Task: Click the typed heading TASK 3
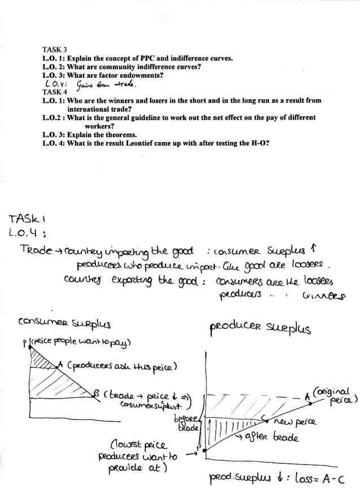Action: [55, 50]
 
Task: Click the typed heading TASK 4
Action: [55, 92]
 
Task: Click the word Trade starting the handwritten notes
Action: [33, 250]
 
